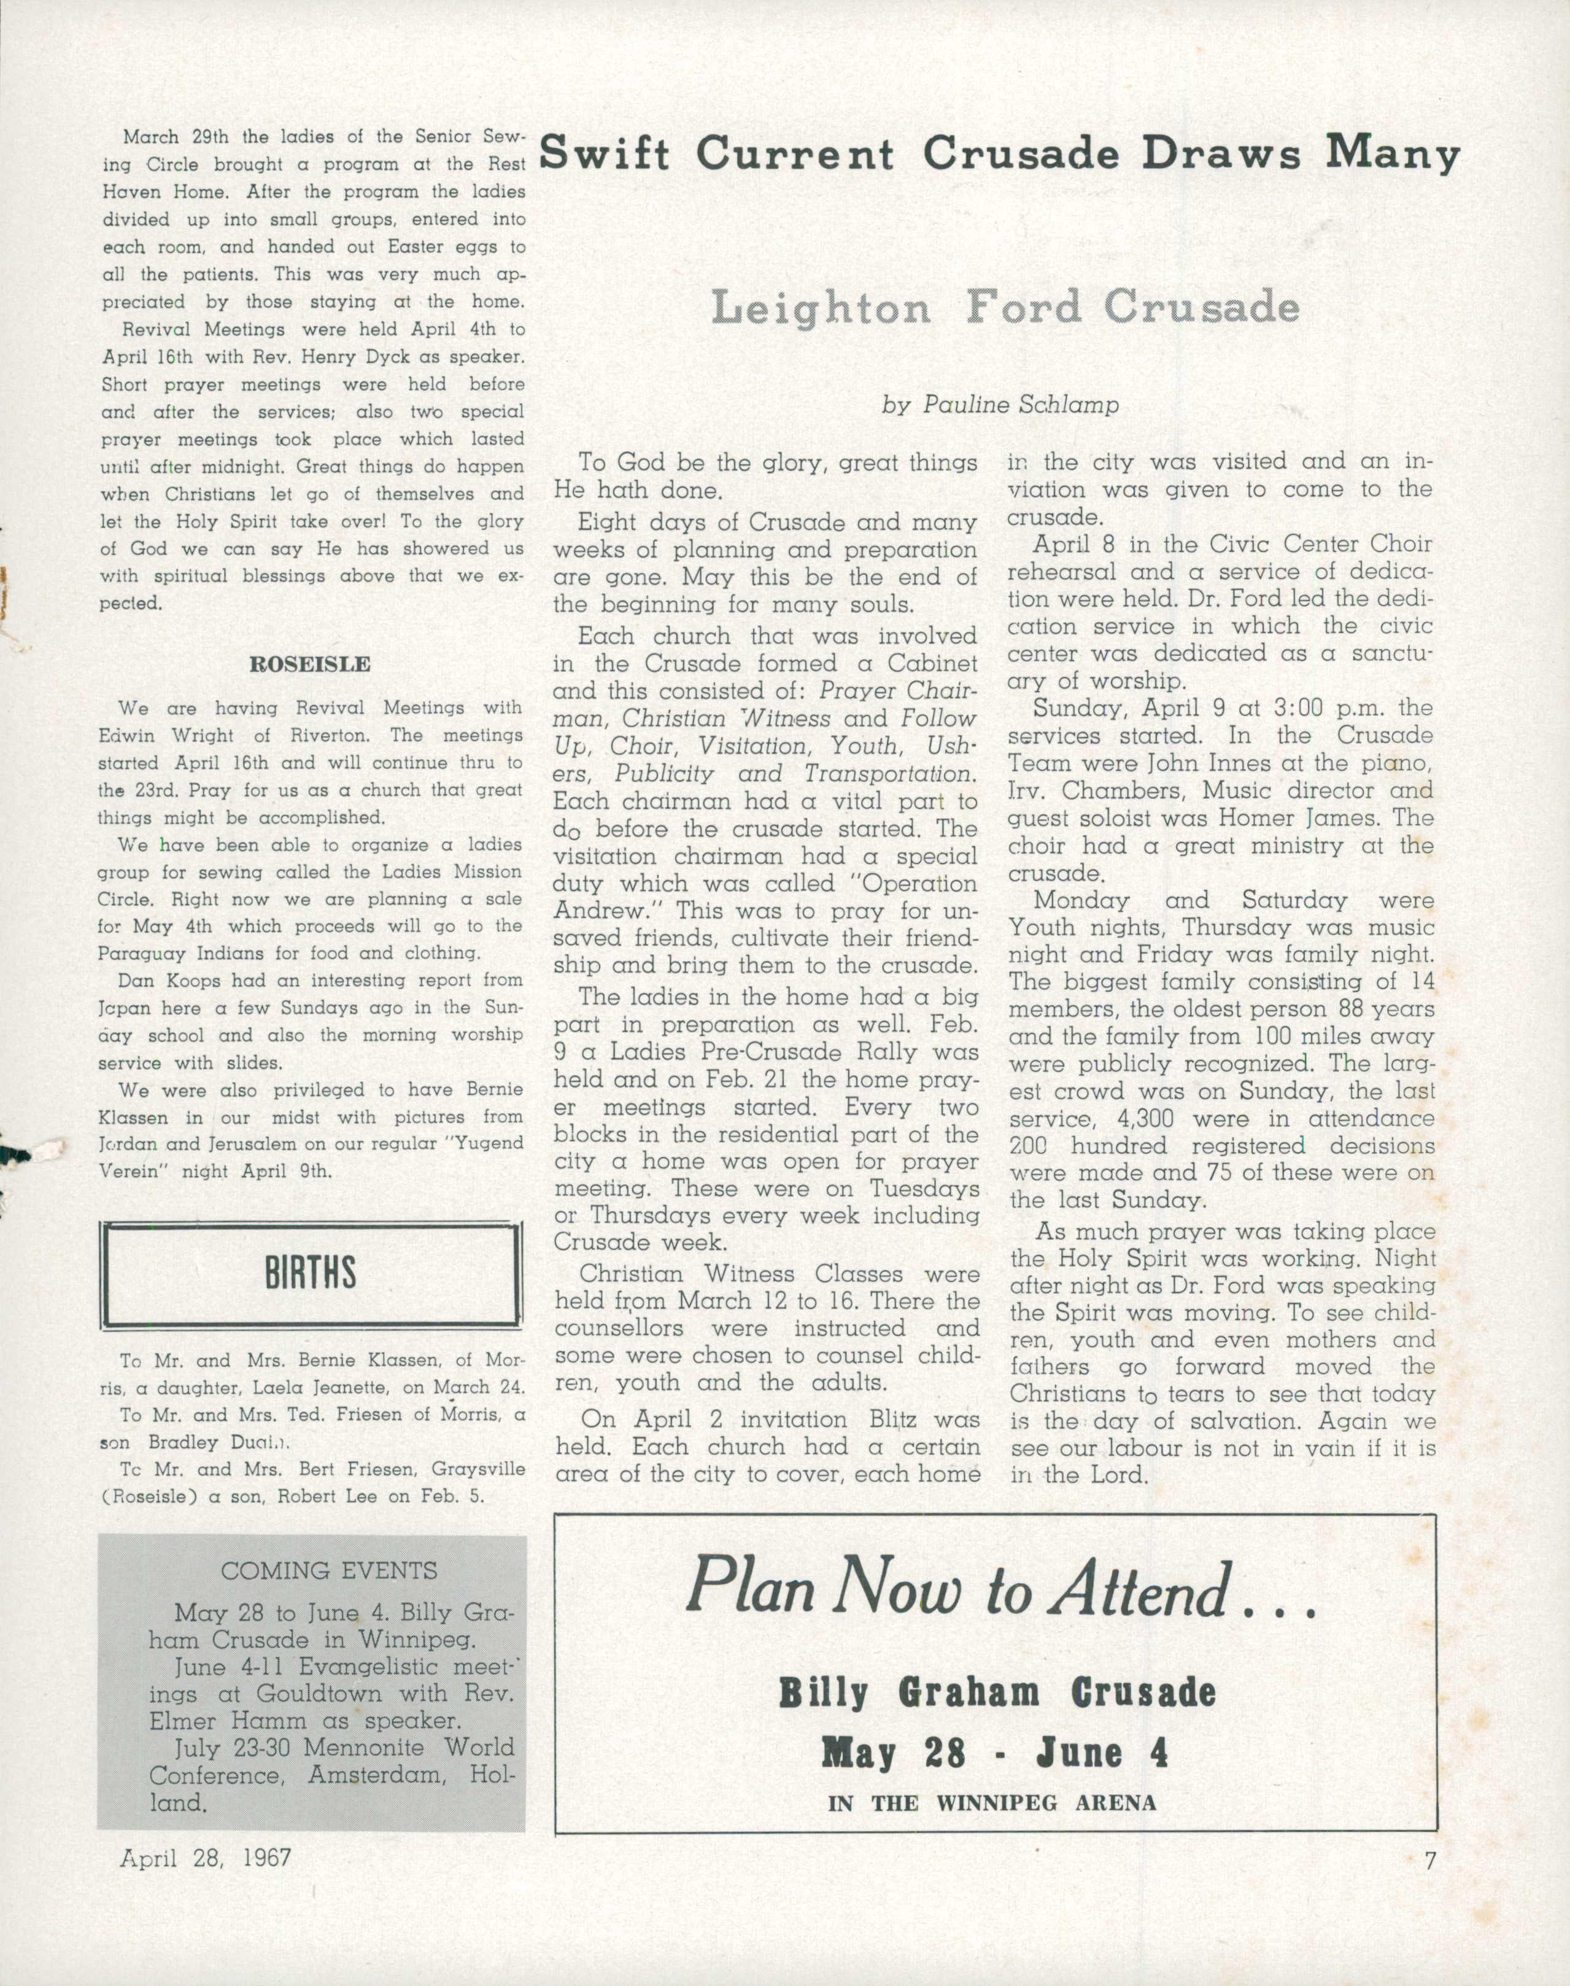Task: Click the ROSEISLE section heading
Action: [310, 664]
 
